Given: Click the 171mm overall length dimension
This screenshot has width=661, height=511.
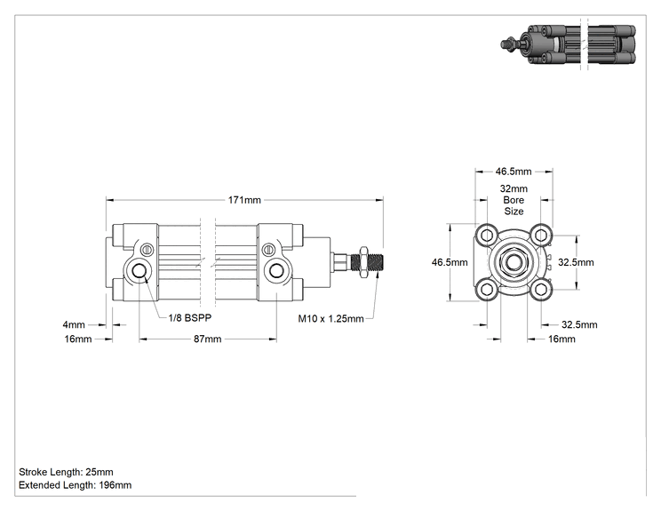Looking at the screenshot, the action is tap(244, 200).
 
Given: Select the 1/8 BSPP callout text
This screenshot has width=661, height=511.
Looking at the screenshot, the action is tap(190, 317).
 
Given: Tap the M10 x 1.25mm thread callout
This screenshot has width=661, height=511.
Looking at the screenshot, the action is tap(330, 318).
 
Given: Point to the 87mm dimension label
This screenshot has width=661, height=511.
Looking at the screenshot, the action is tap(207, 339).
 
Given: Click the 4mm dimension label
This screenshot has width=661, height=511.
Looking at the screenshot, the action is tap(74, 324).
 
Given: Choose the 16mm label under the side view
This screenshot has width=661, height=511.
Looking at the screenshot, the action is tap(78, 339).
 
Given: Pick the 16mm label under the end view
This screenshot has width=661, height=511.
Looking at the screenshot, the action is tap(561, 339).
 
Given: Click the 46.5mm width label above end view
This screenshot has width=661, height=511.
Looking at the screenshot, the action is tap(514, 172).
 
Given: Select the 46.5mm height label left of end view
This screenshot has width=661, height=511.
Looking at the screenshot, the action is tap(450, 262).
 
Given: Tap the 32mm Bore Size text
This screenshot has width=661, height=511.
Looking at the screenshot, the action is tap(514, 200).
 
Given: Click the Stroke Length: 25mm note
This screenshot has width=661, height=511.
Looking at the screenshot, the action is tap(66, 472).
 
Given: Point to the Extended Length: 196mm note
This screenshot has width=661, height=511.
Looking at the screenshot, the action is tap(75, 485).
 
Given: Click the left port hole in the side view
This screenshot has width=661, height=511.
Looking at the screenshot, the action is tap(139, 270).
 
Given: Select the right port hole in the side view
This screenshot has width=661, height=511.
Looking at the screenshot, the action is tap(276, 270).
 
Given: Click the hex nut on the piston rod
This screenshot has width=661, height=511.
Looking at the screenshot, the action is tap(363, 262).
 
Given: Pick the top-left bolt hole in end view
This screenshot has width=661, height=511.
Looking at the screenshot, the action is tap(487, 235).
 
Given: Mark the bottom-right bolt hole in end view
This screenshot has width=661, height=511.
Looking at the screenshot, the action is tap(541, 289).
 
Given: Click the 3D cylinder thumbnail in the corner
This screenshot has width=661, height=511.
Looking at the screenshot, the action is tap(569, 44).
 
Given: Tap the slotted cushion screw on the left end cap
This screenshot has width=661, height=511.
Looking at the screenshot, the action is tap(147, 250).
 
